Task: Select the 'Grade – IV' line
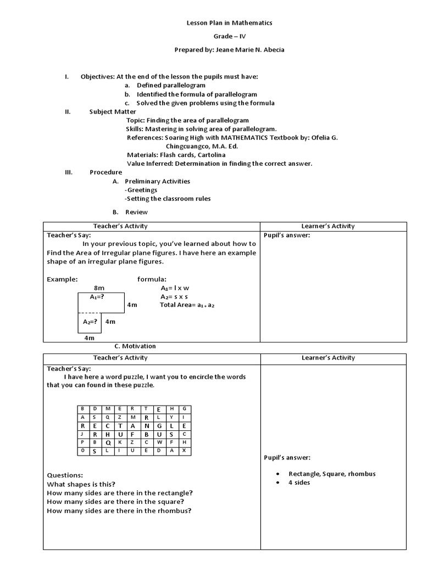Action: click(x=230, y=36)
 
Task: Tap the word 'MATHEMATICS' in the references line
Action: click(x=258, y=138)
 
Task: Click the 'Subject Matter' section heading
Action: click(x=113, y=111)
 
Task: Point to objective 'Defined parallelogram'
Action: click(x=171, y=85)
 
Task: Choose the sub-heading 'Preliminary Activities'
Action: click(x=157, y=181)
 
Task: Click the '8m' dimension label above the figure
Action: click(x=99, y=288)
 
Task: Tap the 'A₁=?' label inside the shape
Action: click(x=97, y=297)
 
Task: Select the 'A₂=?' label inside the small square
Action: click(x=90, y=322)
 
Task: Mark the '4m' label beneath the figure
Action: click(x=90, y=339)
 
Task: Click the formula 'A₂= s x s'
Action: click(x=174, y=296)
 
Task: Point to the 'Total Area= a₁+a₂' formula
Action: click(x=187, y=305)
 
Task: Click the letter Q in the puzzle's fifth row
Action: click(x=108, y=442)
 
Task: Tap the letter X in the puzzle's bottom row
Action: click(x=184, y=451)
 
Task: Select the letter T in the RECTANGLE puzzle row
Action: click(x=133, y=426)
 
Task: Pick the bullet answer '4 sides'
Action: click(x=299, y=482)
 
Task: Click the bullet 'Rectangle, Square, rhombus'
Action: click(x=332, y=474)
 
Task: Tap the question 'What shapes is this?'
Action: click(x=81, y=484)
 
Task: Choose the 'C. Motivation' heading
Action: click(x=135, y=346)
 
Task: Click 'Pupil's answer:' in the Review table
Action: click(x=287, y=235)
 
